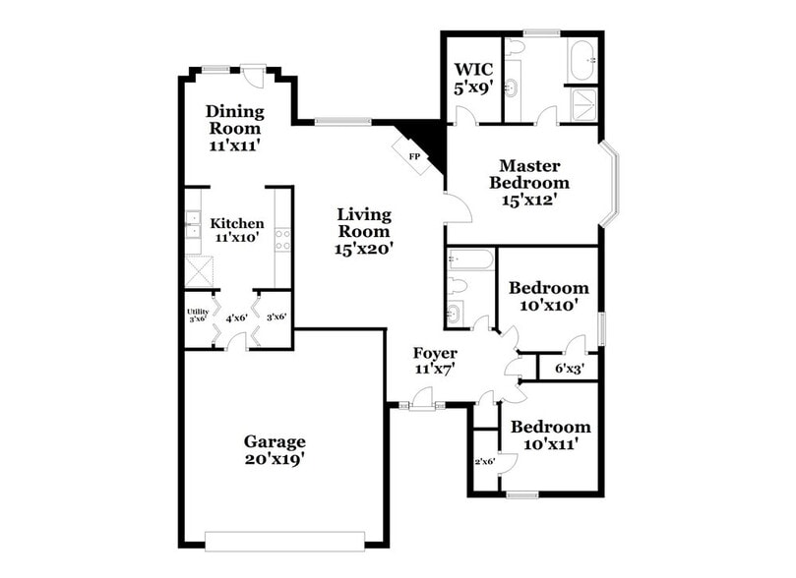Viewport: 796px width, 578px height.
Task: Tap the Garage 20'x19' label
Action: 275,449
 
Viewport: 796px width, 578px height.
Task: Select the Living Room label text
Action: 364,231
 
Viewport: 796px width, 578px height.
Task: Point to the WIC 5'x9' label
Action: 471,78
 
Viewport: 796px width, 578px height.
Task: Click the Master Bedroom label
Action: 533,182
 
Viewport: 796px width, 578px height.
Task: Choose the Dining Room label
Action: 234,128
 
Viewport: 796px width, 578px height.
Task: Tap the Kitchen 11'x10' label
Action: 237,230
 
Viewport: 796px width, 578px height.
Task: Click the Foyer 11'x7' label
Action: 434,361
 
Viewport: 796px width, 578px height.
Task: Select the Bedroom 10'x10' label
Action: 548,296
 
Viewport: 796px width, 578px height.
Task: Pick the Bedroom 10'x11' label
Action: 550,434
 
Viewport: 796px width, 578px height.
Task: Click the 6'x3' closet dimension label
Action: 570,370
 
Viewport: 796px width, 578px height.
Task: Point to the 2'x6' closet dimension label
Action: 484,461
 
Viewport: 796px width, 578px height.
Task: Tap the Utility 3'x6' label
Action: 197,316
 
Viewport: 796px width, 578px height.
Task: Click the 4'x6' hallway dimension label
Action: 236,318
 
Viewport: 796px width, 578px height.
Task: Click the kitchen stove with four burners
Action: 281,239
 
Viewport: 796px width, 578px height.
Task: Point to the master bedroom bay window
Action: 613,182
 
